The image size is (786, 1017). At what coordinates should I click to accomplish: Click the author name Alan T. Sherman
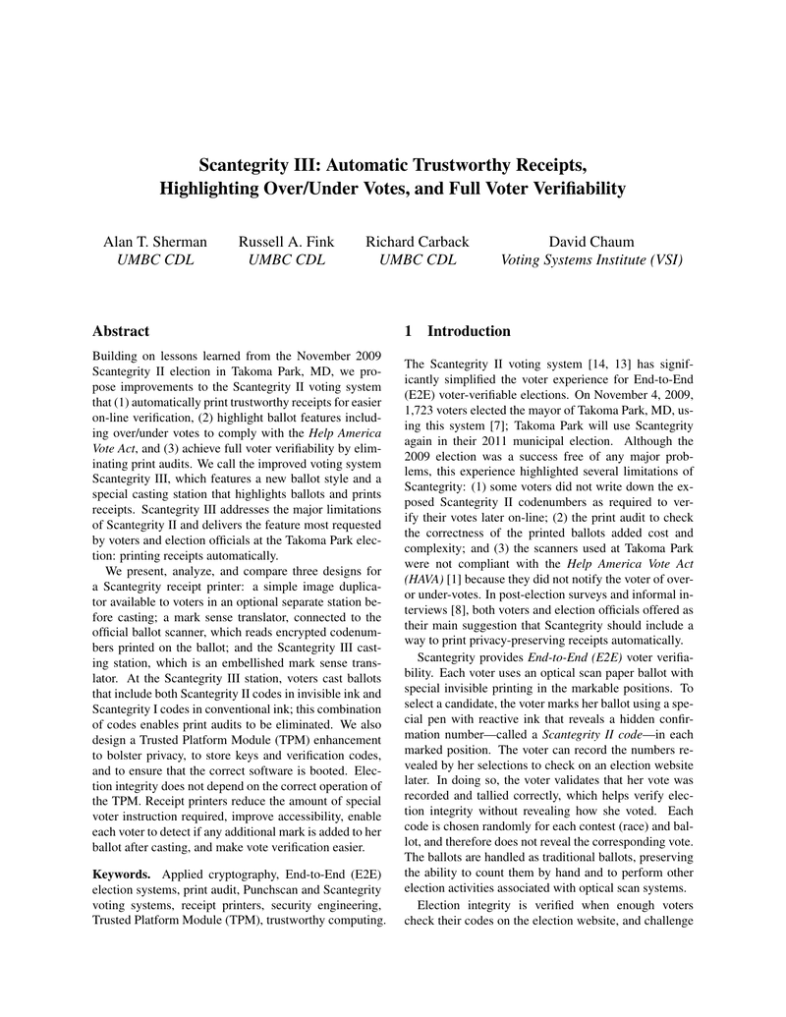pos(155,242)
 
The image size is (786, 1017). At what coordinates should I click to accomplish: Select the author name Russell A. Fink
pos(286,242)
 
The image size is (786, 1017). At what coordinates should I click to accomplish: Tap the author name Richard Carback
pos(417,242)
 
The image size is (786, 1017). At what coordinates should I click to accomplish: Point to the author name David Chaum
pos(591,242)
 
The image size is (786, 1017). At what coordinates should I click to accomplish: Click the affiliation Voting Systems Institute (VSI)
pos(591,260)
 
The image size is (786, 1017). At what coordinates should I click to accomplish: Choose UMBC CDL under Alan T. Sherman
pos(155,260)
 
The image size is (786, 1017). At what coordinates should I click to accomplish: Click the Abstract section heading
pos(121,331)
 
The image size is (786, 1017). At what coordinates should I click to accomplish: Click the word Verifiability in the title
pos(574,188)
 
